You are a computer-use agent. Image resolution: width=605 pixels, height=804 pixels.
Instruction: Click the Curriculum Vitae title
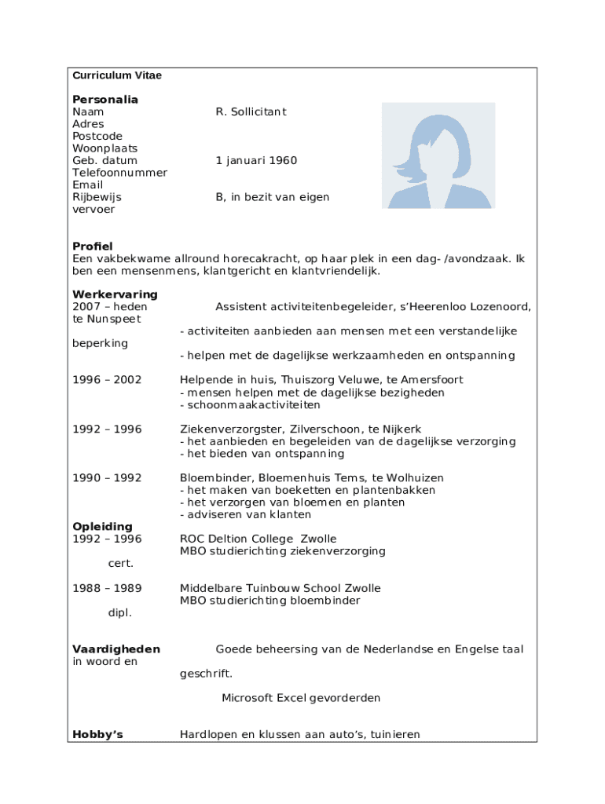117,75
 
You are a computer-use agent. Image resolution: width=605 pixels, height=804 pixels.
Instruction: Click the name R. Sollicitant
251,111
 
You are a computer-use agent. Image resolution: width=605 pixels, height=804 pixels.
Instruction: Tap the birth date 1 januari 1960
256,160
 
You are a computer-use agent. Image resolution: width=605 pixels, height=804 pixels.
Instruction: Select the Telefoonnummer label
119,173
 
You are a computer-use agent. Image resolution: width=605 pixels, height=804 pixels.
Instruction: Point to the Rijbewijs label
97,197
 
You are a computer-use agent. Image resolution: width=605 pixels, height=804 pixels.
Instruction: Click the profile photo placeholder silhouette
438,155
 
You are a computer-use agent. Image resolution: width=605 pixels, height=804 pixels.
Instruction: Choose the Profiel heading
93,247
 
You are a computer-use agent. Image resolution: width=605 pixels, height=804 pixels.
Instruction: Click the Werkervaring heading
115,294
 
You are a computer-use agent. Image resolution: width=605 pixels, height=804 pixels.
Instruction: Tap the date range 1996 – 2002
107,380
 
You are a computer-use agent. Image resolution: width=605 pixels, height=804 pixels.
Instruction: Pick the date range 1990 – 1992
107,478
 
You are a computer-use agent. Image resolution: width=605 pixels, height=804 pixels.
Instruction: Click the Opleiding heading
102,527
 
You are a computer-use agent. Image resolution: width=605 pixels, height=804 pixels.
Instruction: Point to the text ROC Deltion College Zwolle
258,539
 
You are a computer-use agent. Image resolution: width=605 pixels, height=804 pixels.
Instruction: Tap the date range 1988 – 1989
107,588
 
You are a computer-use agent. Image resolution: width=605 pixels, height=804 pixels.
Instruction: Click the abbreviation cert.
120,563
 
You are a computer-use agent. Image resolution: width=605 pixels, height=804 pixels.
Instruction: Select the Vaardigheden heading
116,649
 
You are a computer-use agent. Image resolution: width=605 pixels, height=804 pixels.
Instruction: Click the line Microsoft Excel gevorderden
301,698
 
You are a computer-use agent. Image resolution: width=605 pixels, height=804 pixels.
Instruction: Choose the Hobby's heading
97,735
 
